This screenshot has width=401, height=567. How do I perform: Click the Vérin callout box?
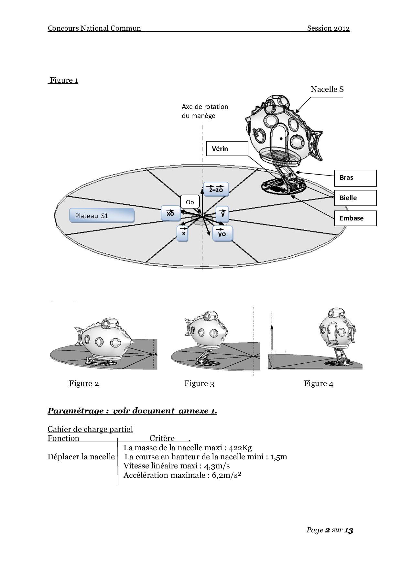[x=227, y=149]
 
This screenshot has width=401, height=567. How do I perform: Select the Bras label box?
[x=355, y=178]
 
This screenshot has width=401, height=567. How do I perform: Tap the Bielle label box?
[x=355, y=198]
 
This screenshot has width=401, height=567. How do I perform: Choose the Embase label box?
[x=355, y=218]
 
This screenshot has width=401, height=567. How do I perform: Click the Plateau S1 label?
[x=102, y=216]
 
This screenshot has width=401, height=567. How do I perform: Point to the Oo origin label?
[x=190, y=202]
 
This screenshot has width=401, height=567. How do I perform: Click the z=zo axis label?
[x=216, y=189]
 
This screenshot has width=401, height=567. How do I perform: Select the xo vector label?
[x=170, y=213]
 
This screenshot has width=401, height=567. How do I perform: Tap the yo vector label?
[x=222, y=233]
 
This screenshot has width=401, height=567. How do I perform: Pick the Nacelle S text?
[x=327, y=90]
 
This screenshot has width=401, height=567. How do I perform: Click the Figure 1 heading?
[x=64, y=80]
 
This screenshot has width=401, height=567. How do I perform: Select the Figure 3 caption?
[x=199, y=384]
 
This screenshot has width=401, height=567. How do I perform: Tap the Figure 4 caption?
[x=319, y=384]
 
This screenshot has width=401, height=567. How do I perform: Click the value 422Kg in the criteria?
[x=240, y=448]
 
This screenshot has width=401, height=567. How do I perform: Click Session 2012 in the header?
[x=328, y=28]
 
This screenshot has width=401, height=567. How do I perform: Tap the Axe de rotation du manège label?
[x=205, y=111]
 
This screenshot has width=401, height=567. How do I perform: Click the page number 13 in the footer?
[x=349, y=530]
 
